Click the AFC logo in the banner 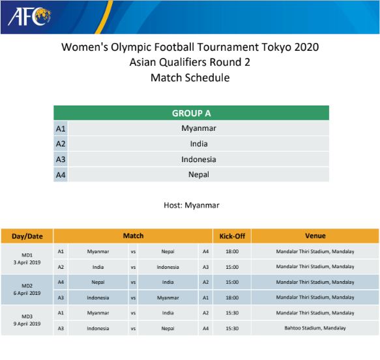click(x=29, y=17)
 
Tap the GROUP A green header click(x=191, y=113)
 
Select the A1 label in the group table click(x=61, y=128)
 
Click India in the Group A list click(x=199, y=144)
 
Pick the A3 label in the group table click(x=61, y=159)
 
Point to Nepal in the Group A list click(x=199, y=174)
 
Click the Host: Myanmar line click(x=192, y=205)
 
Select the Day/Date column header click(x=27, y=236)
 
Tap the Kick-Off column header click(x=232, y=236)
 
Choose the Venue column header click(x=315, y=236)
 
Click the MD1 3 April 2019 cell click(x=27, y=259)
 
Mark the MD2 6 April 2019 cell click(x=27, y=290)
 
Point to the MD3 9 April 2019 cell click(x=27, y=320)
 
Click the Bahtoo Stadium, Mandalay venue click(x=315, y=328)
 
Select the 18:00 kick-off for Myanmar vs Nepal click(x=232, y=251)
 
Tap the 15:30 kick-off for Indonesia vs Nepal click(x=232, y=328)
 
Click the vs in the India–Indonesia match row click(x=133, y=268)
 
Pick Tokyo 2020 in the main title click(x=290, y=47)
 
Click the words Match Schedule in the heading click(x=190, y=77)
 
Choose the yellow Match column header click(x=133, y=236)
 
